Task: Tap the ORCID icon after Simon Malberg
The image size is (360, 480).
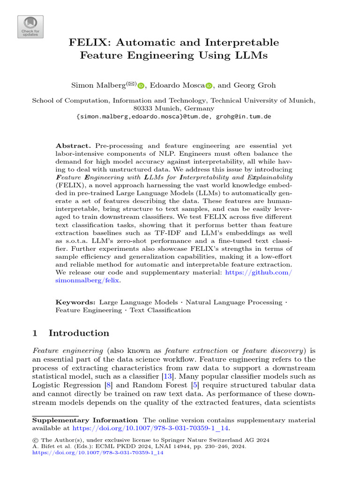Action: [x=140, y=86]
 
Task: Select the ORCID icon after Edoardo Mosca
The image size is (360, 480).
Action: [x=209, y=86]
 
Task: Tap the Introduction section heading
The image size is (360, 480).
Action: [x=79, y=333]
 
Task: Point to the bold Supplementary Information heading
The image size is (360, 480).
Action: [x=84, y=420]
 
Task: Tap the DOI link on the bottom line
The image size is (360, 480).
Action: [x=97, y=453]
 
